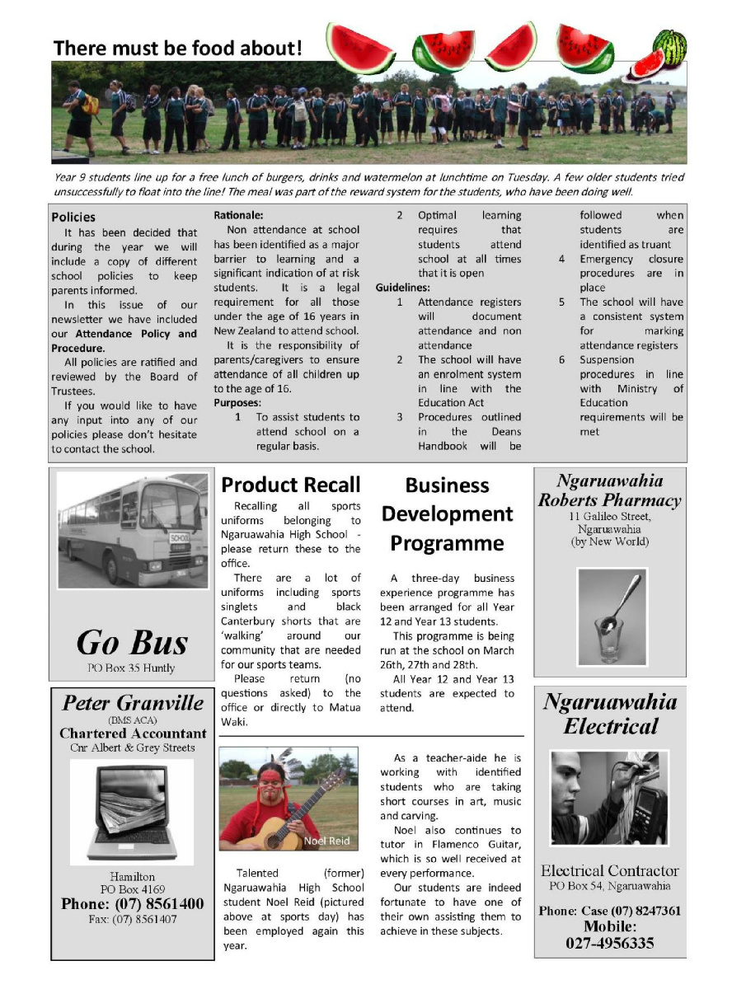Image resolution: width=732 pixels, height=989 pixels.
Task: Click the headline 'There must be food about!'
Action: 178,48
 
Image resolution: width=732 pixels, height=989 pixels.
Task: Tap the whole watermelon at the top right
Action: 670,47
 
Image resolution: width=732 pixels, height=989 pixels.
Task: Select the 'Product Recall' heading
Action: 291,485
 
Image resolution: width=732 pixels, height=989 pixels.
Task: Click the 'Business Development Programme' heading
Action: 447,514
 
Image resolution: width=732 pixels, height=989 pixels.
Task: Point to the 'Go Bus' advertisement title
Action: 132,642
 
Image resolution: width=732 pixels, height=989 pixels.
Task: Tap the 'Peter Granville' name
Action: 133,703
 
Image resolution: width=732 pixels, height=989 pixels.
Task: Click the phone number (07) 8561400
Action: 132,904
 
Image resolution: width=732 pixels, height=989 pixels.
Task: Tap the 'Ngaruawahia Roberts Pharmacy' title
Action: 609,490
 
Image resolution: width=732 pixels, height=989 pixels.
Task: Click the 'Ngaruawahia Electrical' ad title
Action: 609,714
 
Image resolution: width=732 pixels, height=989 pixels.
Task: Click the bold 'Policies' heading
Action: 73,218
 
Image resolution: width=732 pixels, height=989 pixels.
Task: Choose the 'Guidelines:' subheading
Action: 403,288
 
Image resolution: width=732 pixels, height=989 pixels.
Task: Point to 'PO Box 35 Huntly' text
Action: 132,668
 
